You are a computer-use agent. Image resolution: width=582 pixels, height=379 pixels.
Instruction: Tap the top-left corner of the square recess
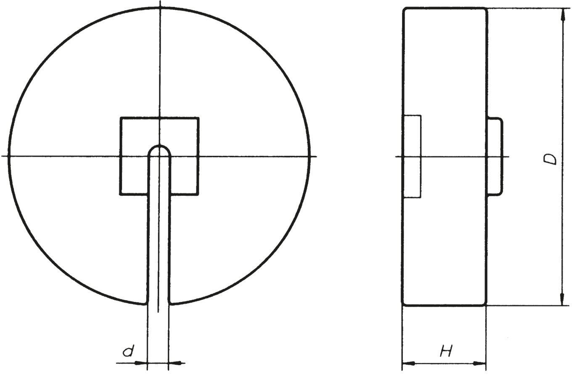121,118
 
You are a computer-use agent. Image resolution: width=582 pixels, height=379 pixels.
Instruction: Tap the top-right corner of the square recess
198,118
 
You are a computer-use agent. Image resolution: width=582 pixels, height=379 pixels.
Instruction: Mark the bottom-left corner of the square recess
121,195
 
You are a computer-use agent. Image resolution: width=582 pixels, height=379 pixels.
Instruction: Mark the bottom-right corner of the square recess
198,195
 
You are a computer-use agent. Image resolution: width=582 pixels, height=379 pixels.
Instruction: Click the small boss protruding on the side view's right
495,156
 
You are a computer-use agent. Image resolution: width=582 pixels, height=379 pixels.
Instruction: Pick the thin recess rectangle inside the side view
412,156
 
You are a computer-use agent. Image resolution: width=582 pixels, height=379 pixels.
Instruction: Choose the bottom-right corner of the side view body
486,304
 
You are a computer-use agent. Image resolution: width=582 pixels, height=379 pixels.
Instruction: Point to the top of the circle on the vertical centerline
159,8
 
